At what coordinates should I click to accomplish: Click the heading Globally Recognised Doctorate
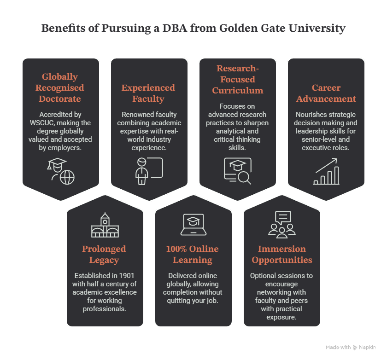[x=60, y=87]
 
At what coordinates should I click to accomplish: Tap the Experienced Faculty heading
[x=148, y=93]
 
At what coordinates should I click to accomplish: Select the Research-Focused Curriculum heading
[x=238, y=79]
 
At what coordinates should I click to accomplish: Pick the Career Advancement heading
[x=326, y=93]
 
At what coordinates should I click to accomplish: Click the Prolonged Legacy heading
[x=104, y=254]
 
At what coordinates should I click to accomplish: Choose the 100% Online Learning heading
[x=192, y=254]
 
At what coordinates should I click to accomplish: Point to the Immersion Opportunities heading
[x=282, y=254]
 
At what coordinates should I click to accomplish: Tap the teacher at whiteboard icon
[x=149, y=171]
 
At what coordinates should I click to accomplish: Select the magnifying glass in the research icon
[x=245, y=178]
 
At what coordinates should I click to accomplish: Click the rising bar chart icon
[x=326, y=171]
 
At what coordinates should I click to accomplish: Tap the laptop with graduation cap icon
[x=193, y=224]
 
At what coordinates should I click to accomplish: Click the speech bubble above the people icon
[x=283, y=217]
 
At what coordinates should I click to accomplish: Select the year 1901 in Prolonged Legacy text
[x=126, y=275]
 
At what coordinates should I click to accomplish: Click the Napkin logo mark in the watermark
[x=355, y=348]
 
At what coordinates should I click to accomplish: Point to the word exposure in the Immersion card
[x=281, y=317]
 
